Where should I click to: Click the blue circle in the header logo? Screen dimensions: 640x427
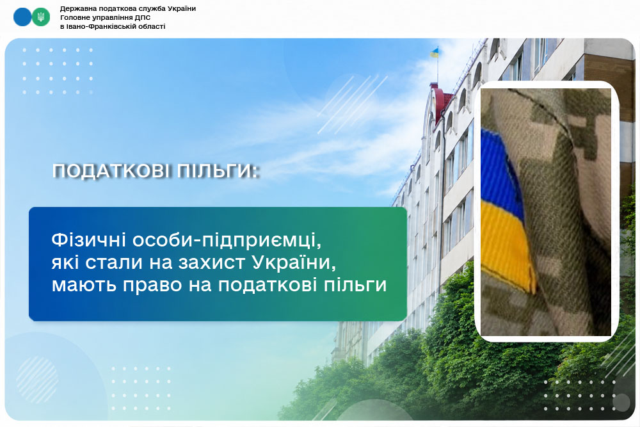[x=22, y=17]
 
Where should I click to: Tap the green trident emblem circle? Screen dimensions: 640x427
[x=40, y=17]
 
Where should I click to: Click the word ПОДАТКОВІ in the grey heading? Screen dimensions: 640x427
[x=111, y=171]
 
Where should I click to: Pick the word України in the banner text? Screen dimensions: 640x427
[x=294, y=262]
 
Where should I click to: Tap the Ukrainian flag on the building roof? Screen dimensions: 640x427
[x=435, y=52]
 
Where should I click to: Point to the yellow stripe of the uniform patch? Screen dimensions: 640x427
[x=506, y=245]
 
